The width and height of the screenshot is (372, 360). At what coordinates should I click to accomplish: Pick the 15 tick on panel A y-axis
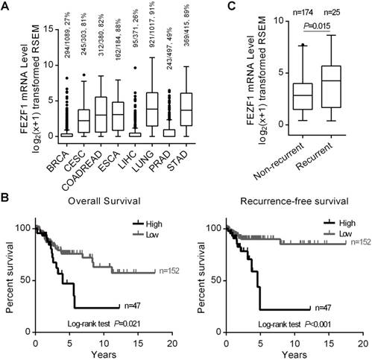click(34, 30)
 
